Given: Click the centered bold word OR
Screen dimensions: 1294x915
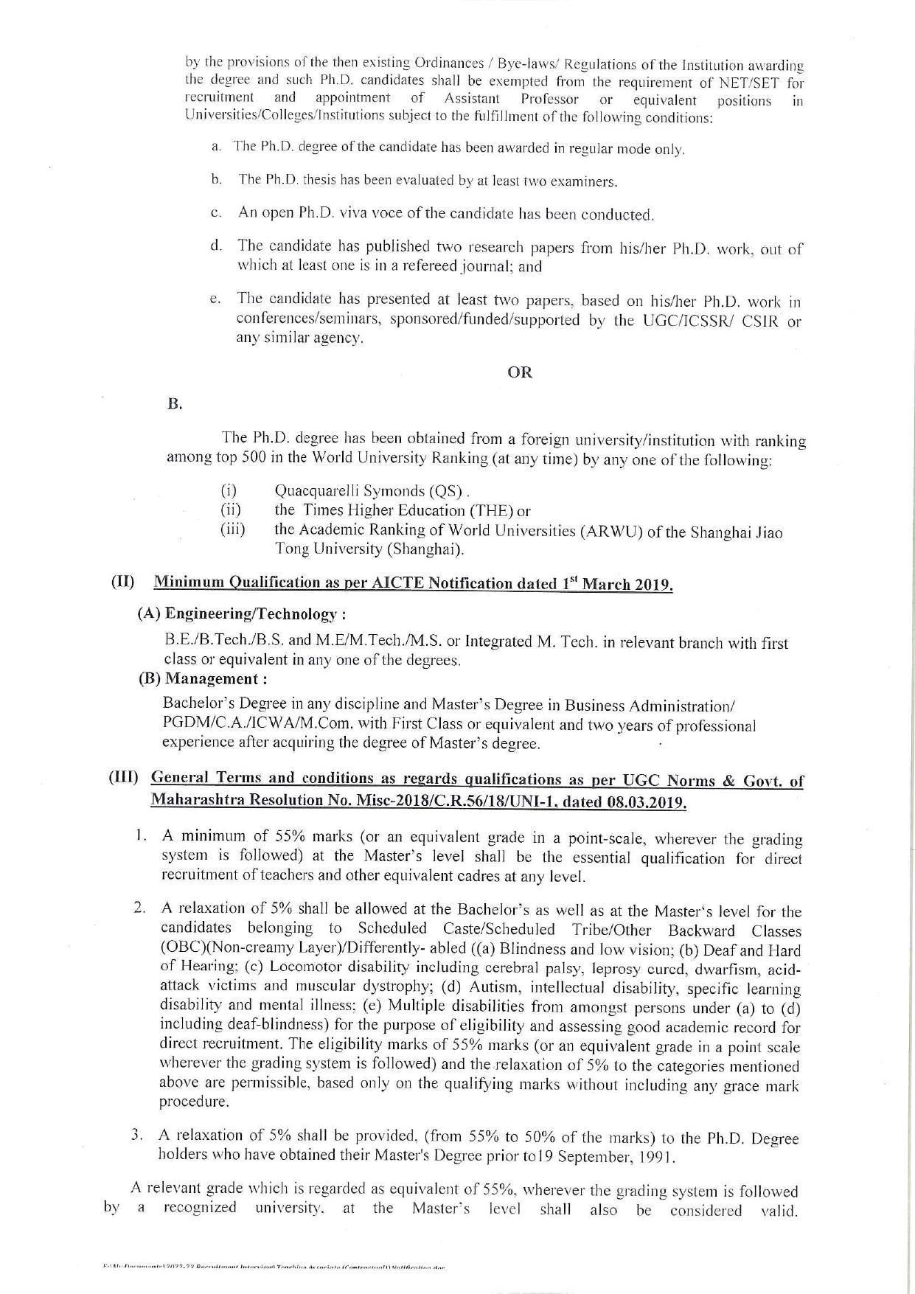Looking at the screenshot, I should pyautogui.click(x=520, y=372).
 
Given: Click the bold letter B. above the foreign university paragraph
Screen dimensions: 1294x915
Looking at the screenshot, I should pyautogui.click(x=175, y=404).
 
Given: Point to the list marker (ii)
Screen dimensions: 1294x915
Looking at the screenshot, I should pyautogui.click(x=231, y=509).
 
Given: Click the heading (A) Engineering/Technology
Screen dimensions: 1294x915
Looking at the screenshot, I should pyautogui.click(x=242, y=613).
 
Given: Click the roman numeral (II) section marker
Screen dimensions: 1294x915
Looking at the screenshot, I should pyautogui.click(x=122, y=582).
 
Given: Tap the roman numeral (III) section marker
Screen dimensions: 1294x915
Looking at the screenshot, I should pyautogui.click(x=124, y=778).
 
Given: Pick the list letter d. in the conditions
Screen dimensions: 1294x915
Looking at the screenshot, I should pyautogui.click(x=216, y=245).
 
